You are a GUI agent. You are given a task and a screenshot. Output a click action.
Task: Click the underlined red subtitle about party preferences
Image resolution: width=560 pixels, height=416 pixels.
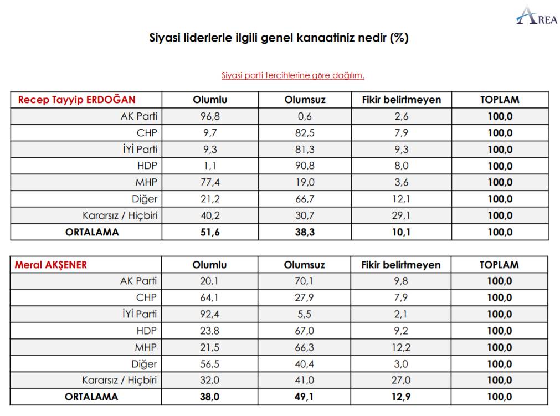(292, 75)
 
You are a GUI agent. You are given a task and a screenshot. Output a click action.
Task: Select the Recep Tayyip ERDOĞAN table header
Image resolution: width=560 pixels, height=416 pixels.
(77, 100)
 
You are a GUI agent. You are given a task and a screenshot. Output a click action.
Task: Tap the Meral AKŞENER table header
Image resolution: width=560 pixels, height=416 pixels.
(51, 265)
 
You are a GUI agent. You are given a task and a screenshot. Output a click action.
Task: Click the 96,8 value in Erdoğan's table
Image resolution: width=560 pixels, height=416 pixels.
(210, 116)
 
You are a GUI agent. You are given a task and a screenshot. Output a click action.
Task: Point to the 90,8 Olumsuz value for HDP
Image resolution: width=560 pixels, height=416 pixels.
(305, 166)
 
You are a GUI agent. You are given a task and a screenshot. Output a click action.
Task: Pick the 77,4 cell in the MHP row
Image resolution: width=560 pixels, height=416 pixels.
(210, 182)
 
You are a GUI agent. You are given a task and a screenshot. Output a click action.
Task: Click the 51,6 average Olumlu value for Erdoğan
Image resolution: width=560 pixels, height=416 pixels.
(210, 232)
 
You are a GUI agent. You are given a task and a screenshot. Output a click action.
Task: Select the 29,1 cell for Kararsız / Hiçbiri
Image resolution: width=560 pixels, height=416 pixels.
(402, 215)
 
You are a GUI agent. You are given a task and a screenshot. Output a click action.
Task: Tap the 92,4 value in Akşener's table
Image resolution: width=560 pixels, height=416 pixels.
(210, 314)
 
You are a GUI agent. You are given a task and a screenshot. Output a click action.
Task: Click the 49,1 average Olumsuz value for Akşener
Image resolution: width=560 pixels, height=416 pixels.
(305, 397)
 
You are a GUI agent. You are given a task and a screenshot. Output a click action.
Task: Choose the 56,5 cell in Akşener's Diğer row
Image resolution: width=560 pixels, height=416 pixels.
(210, 364)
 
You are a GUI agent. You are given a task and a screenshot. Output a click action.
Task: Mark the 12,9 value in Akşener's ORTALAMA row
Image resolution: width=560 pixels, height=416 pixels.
(402, 397)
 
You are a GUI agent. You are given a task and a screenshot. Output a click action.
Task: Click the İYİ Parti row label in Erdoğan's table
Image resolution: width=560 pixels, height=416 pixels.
(139, 149)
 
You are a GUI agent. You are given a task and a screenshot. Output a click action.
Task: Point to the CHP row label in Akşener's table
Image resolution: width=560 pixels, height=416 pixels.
(146, 297)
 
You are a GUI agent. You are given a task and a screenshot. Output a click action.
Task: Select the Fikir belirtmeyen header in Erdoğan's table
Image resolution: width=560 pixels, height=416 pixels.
(402, 100)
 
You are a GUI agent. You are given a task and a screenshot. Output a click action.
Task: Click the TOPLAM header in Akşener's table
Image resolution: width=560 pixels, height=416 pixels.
(499, 265)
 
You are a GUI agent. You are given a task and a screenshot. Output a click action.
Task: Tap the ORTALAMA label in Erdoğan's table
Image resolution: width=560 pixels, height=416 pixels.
(92, 232)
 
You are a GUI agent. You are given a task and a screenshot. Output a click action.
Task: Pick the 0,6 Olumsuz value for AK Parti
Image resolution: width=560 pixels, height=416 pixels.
(305, 116)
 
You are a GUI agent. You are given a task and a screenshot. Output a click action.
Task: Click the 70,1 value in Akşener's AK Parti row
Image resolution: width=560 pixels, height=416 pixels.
(305, 281)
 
